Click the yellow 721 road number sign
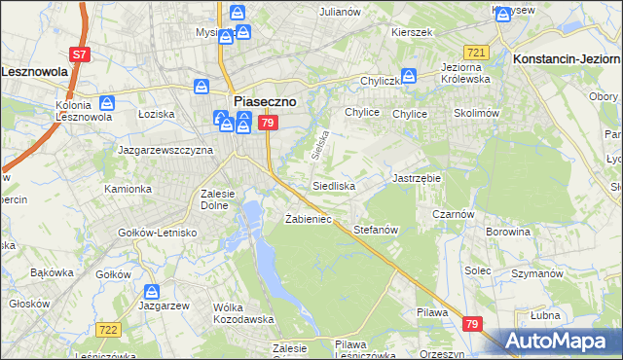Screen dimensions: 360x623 coord(476,52)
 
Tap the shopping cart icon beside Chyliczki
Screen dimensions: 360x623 coord(410,75)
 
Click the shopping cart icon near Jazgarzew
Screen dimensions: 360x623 coord(151,291)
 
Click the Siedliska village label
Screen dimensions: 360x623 coord(334,185)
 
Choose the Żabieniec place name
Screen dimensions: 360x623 coord(309,219)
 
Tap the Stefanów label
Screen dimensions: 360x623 coord(377,230)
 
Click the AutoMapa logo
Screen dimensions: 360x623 coord(559,341)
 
